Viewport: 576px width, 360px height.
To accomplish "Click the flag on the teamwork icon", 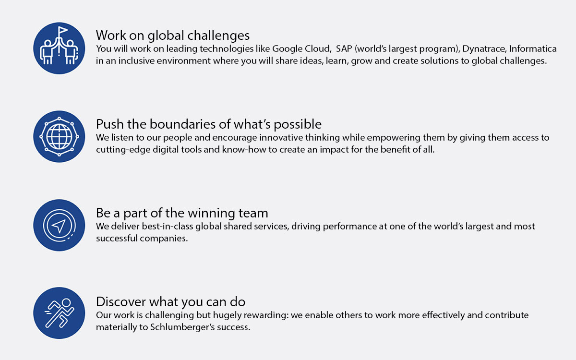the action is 62,31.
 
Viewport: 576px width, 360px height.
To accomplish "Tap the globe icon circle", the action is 59,136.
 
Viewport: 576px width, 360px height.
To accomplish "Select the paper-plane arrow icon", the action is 59,226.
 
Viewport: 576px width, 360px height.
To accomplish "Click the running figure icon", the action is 60,313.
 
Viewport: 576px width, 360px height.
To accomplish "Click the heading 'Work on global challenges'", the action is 172,35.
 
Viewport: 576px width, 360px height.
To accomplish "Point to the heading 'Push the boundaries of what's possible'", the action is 208,124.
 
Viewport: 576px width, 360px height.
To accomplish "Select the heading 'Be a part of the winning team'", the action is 182,213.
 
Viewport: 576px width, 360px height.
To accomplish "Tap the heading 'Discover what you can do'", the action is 170,301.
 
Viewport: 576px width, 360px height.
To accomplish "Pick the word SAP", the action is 344,48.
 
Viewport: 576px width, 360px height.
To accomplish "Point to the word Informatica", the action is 533,48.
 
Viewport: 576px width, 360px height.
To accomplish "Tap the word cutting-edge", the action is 123,150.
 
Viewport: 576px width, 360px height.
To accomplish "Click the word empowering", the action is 394,138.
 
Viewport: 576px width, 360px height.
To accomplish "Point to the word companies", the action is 164,239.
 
